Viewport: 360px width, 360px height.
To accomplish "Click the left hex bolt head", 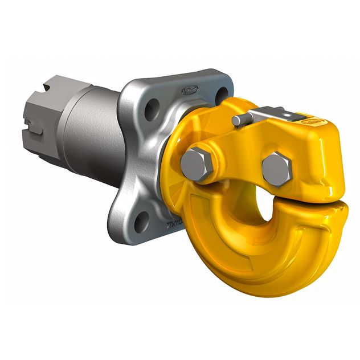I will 197,164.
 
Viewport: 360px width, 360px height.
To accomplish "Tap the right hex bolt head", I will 277,168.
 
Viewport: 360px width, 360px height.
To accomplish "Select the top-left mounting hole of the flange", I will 151,109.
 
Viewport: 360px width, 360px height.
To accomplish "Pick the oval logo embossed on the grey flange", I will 190,90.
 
